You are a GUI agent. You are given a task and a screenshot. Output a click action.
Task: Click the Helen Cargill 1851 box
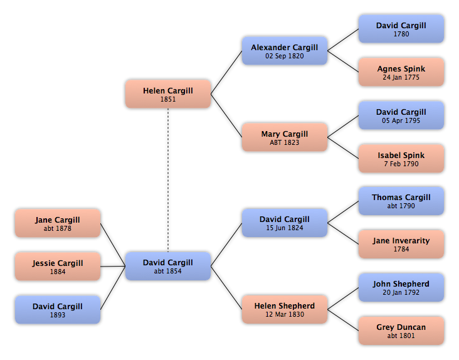168,94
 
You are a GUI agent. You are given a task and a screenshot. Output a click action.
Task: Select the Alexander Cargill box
285,51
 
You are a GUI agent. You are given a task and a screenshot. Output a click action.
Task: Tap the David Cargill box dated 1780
401,29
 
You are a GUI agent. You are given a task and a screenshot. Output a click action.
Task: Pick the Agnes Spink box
401,72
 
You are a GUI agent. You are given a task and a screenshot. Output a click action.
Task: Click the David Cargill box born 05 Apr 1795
401,115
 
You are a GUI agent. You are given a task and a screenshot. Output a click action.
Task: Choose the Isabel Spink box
401,158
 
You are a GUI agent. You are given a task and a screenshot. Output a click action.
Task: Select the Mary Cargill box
285,137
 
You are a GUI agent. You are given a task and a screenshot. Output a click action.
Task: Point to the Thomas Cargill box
401,201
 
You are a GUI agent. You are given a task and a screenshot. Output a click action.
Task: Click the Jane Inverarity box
401,244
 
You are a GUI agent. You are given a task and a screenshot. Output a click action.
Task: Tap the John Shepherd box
401,287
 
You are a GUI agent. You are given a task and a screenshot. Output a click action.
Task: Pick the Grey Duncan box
401,331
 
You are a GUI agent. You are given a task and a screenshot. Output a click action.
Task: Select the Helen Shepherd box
285,309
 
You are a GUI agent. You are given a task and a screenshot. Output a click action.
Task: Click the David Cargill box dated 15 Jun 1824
285,223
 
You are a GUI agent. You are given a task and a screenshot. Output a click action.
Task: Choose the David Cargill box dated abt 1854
168,266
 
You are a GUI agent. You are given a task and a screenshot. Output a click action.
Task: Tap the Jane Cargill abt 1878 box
58,223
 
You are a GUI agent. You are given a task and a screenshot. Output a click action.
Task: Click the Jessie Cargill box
58,267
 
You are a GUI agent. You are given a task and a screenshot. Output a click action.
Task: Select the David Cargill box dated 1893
58,310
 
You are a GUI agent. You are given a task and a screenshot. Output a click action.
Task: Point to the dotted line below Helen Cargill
168,180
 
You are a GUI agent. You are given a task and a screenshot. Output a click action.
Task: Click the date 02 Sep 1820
285,56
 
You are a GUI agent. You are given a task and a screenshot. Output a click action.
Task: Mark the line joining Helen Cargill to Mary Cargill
226,115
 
